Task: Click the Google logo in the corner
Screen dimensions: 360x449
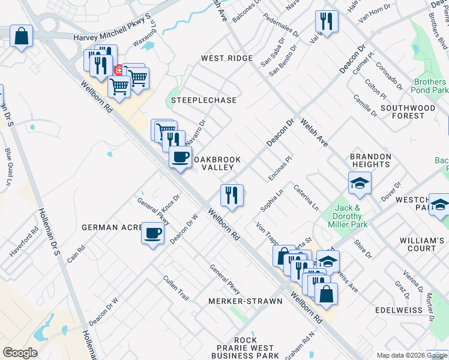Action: [x=20, y=352]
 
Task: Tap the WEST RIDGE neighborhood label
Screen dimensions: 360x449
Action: [x=227, y=58]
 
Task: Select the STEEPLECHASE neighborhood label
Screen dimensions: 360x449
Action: [x=203, y=100]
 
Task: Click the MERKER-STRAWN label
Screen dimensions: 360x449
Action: [x=245, y=301]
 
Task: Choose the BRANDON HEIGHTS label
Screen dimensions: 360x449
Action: [x=371, y=160]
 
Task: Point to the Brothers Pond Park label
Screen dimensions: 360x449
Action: [x=430, y=86]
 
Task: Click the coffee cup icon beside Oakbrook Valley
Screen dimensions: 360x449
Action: [x=181, y=157]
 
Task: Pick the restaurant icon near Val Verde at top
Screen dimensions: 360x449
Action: [x=327, y=22]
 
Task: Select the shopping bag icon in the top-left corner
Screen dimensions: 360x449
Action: [x=21, y=36]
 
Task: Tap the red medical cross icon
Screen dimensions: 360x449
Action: [x=119, y=70]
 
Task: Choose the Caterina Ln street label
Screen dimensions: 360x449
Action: [x=306, y=197]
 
